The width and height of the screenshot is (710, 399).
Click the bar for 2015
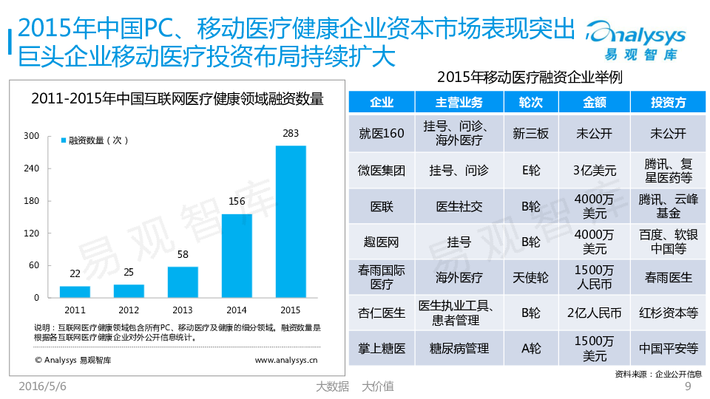coord(291,222)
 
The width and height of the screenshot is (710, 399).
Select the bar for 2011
coord(75,292)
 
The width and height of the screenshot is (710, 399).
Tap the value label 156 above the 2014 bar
coord(237,201)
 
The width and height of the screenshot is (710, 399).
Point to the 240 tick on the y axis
coord(31,168)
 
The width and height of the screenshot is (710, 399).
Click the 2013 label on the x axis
coord(183,310)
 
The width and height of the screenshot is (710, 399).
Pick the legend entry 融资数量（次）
coord(95,140)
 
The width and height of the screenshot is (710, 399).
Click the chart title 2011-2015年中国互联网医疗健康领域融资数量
coord(177,98)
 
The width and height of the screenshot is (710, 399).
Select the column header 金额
coord(594,102)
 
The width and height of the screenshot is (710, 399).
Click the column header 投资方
coord(668,102)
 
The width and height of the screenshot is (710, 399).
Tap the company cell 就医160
coord(381,134)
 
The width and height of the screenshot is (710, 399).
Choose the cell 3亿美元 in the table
coord(594,171)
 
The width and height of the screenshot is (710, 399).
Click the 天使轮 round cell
coord(531,278)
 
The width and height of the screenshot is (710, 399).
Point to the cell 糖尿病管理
coord(459,348)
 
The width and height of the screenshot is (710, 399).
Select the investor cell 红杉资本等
coord(668,313)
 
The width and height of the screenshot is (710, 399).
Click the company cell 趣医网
coord(381,242)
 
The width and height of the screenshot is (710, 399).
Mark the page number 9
coord(689,386)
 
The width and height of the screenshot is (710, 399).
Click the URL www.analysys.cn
coord(285,361)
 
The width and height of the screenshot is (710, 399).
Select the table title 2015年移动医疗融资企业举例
coord(528,77)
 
